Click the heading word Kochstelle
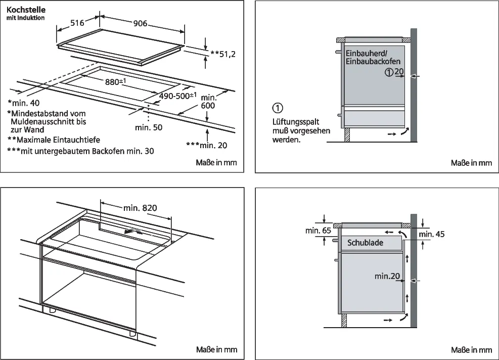pyautogui.click(x=24, y=10)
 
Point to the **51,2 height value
pyautogui.click(x=223, y=53)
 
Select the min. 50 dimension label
pyautogui.click(x=149, y=127)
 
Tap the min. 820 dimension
pyautogui.click(x=140, y=207)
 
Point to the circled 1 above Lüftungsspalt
pyautogui.click(x=278, y=108)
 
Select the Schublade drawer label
pyautogui.click(x=365, y=243)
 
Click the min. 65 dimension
pyautogui.click(x=318, y=231)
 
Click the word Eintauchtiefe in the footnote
pyautogui.click(x=74, y=140)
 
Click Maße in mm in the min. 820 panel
pyautogui.click(x=216, y=349)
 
